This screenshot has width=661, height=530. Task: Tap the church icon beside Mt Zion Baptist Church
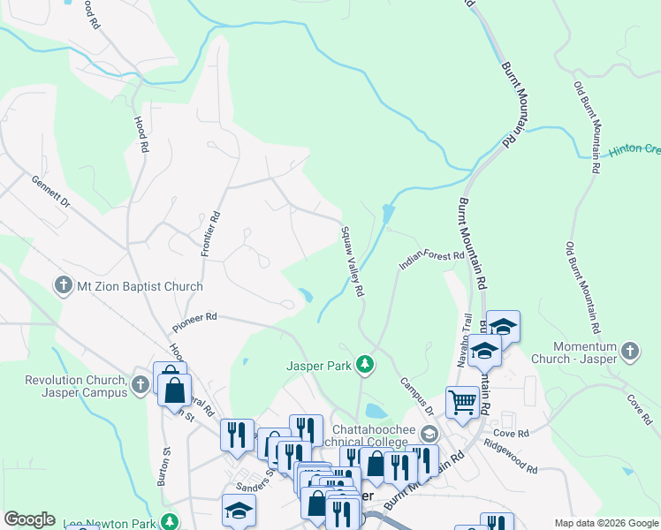pyautogui.click(x=63, y=286)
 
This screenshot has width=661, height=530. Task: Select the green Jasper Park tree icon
pyautogui.click(x=363, y=364)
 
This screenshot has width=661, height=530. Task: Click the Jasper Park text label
pyautogui.click(x=318, y=364)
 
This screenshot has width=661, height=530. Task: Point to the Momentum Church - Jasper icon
pyautogui.click(x=628, y=351)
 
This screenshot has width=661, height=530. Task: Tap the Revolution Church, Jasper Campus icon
pyautogui.click(x=140, y=384)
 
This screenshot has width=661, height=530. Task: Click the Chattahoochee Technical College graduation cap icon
pyautogui.click(x=429, y=433)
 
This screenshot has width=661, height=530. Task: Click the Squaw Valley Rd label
pyautogui.click(x=353, y=261)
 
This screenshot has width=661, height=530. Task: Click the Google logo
pyautogui.click(x=30, y=519)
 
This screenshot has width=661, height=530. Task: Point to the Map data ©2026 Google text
pyautogui.click(x=605, y=523)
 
